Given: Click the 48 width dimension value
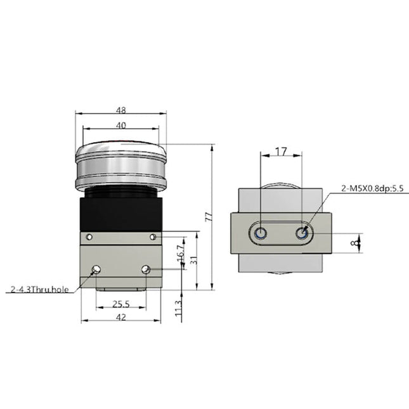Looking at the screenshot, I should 120,109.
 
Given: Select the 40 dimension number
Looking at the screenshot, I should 120,126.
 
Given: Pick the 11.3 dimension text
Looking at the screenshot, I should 180,310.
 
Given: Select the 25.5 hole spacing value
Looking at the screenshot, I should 120,304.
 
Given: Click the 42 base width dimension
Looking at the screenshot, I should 120,316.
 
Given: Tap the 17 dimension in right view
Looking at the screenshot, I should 282,152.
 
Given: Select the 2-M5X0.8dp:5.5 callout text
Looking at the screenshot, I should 373,188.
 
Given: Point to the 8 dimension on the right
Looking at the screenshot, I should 359,242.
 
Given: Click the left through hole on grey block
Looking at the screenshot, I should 96,270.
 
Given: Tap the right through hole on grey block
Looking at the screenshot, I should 146,270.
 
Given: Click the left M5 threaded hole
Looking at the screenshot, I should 261,234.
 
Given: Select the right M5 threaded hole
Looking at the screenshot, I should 302,234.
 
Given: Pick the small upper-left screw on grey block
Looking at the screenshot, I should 89,237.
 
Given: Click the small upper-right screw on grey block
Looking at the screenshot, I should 153,237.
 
